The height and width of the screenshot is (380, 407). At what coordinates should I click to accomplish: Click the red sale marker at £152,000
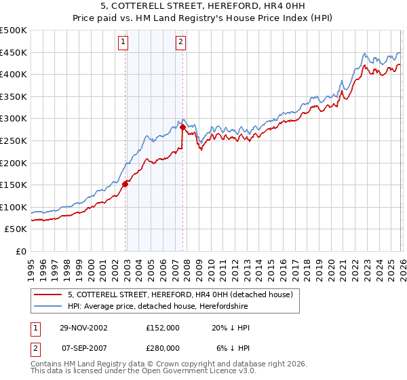pyautogui.click(x=125, y=183)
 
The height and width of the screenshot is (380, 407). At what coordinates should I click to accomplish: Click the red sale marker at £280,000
pyautogui.click(x=182, y=126)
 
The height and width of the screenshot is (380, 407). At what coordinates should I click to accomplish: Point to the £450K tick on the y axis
pyautogui.click(x=14, y=52)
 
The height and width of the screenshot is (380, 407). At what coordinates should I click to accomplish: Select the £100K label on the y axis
pyautogui.click(x=14, y=208)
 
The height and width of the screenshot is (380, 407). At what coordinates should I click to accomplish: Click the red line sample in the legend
pyautogui.click(x=47, y=294)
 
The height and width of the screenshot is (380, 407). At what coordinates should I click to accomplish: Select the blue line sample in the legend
pyautogui.click(x=47, y=306)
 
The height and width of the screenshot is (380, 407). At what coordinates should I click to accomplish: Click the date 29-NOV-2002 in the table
pyautogui.click(x=83, y=328)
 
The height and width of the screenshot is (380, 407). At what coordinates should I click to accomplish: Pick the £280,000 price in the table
pyautogui.click(x=163, y=348)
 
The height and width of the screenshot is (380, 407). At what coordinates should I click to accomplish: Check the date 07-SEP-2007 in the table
pyautogui.click(x=83, y=348)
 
